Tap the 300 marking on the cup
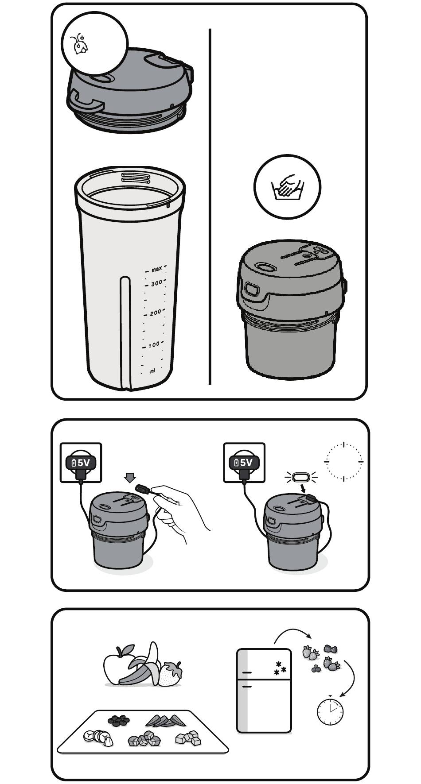pos(156,283)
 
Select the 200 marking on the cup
pos(156,313)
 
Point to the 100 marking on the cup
pos(154,344)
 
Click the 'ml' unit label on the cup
pos(152,371)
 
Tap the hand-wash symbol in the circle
pos(287,186)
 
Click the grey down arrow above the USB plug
pos(130,478)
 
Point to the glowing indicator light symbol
pos(301,477)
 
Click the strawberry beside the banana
pos(170,673)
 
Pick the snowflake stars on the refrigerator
pos(280,668)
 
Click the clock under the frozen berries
pos(330,711)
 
